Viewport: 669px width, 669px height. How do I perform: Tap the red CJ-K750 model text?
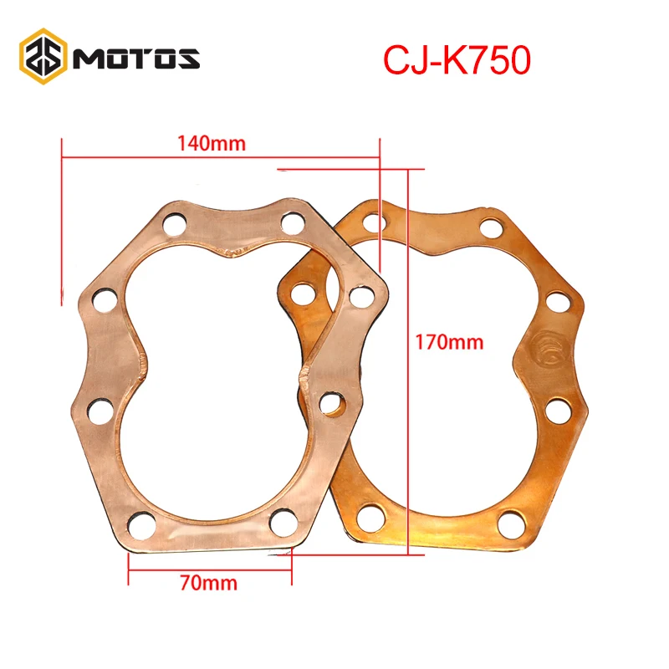[457, 60]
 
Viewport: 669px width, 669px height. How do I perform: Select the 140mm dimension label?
[211, 143]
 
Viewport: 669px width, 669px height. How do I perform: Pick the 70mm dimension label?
[208, 583]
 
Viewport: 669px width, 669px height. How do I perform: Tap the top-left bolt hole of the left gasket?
[174, 224]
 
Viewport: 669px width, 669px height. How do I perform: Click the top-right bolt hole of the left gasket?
[292, 223]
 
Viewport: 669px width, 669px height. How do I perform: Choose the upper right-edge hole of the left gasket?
[360, 296]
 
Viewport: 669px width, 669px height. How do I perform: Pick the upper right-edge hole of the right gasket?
[558, 300]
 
